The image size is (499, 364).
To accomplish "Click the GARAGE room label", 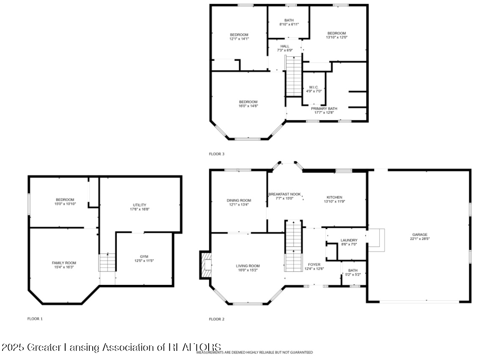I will point(420,234).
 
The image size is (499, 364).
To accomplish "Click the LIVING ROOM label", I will point(248,266).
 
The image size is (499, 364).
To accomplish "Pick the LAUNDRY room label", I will point(349,240).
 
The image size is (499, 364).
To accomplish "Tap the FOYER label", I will point(314,265).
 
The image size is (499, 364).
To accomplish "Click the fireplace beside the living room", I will point(206,265).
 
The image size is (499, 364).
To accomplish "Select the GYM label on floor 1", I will point(144,256).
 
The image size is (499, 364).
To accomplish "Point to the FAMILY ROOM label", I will point(64,263).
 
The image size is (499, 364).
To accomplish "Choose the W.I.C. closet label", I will point(314,87).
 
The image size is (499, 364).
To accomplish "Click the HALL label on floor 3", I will point(285,46).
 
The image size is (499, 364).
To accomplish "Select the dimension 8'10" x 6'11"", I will point(289,25).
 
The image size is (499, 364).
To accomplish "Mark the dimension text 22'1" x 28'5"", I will point(420,239).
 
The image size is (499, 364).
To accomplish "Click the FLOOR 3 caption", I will point(217,154).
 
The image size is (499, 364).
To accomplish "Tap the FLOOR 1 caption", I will point(35,319).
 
